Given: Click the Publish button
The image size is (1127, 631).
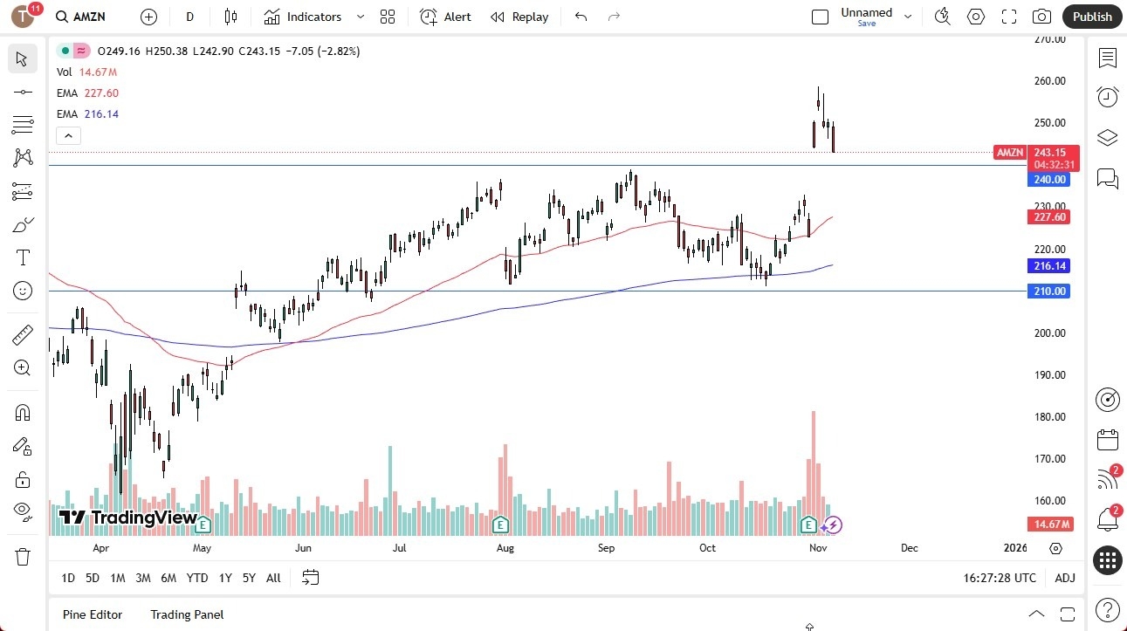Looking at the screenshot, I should [x=1092, y=17].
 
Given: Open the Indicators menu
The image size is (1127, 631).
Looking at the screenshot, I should [x=313, y=17].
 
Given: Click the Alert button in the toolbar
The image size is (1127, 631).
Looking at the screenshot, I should [x=445, y=17].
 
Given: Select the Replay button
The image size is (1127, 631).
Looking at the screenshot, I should [x=519, y=17].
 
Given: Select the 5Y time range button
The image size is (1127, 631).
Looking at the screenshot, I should [x=249, y=578].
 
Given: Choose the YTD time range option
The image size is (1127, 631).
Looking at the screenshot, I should [x=197, y=578].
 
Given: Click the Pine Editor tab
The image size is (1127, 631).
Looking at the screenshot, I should [x=93, y=614].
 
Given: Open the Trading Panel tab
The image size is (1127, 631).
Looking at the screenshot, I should [x=187, y=614].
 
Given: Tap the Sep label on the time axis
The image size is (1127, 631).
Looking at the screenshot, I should [x=607, y=548].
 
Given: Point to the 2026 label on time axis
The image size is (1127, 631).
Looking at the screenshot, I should [x=1015, y=548].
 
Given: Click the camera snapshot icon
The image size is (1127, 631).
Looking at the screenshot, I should [x=1041, y=17].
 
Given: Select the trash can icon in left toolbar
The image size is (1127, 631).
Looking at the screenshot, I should [x=23, y=557].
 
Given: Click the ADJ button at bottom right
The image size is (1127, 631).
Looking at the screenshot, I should [x=1065, y=578].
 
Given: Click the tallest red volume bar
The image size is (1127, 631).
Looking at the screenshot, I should [x=813, y=471].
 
